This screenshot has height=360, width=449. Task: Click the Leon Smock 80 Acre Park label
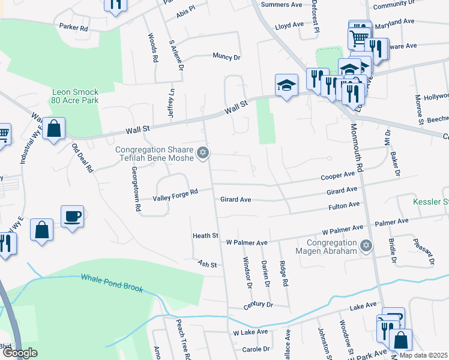pyautogui.click(x=75, y=97)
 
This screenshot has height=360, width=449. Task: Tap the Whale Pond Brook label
pyautogui.click(x=112, y=283)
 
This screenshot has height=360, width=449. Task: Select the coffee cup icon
pyautogui.click(x=72, y=216)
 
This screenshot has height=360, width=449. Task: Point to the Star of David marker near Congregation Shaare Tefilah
pyautogui.click(x=203, y=154)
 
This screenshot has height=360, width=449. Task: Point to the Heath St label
pyautogui.click(x=205, y=236)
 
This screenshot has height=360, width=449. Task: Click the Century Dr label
pyautogui.click(x=258, y=305)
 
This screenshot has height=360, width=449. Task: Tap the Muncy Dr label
pyautogui.click(x=226, y=57)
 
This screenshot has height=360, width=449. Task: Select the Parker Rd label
pyautogui.click(x=73, y=28)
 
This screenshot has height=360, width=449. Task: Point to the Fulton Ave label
pyautogui.click(x=344, y=205)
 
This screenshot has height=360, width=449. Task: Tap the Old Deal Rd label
pyautogui.click(x=82, y=158)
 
